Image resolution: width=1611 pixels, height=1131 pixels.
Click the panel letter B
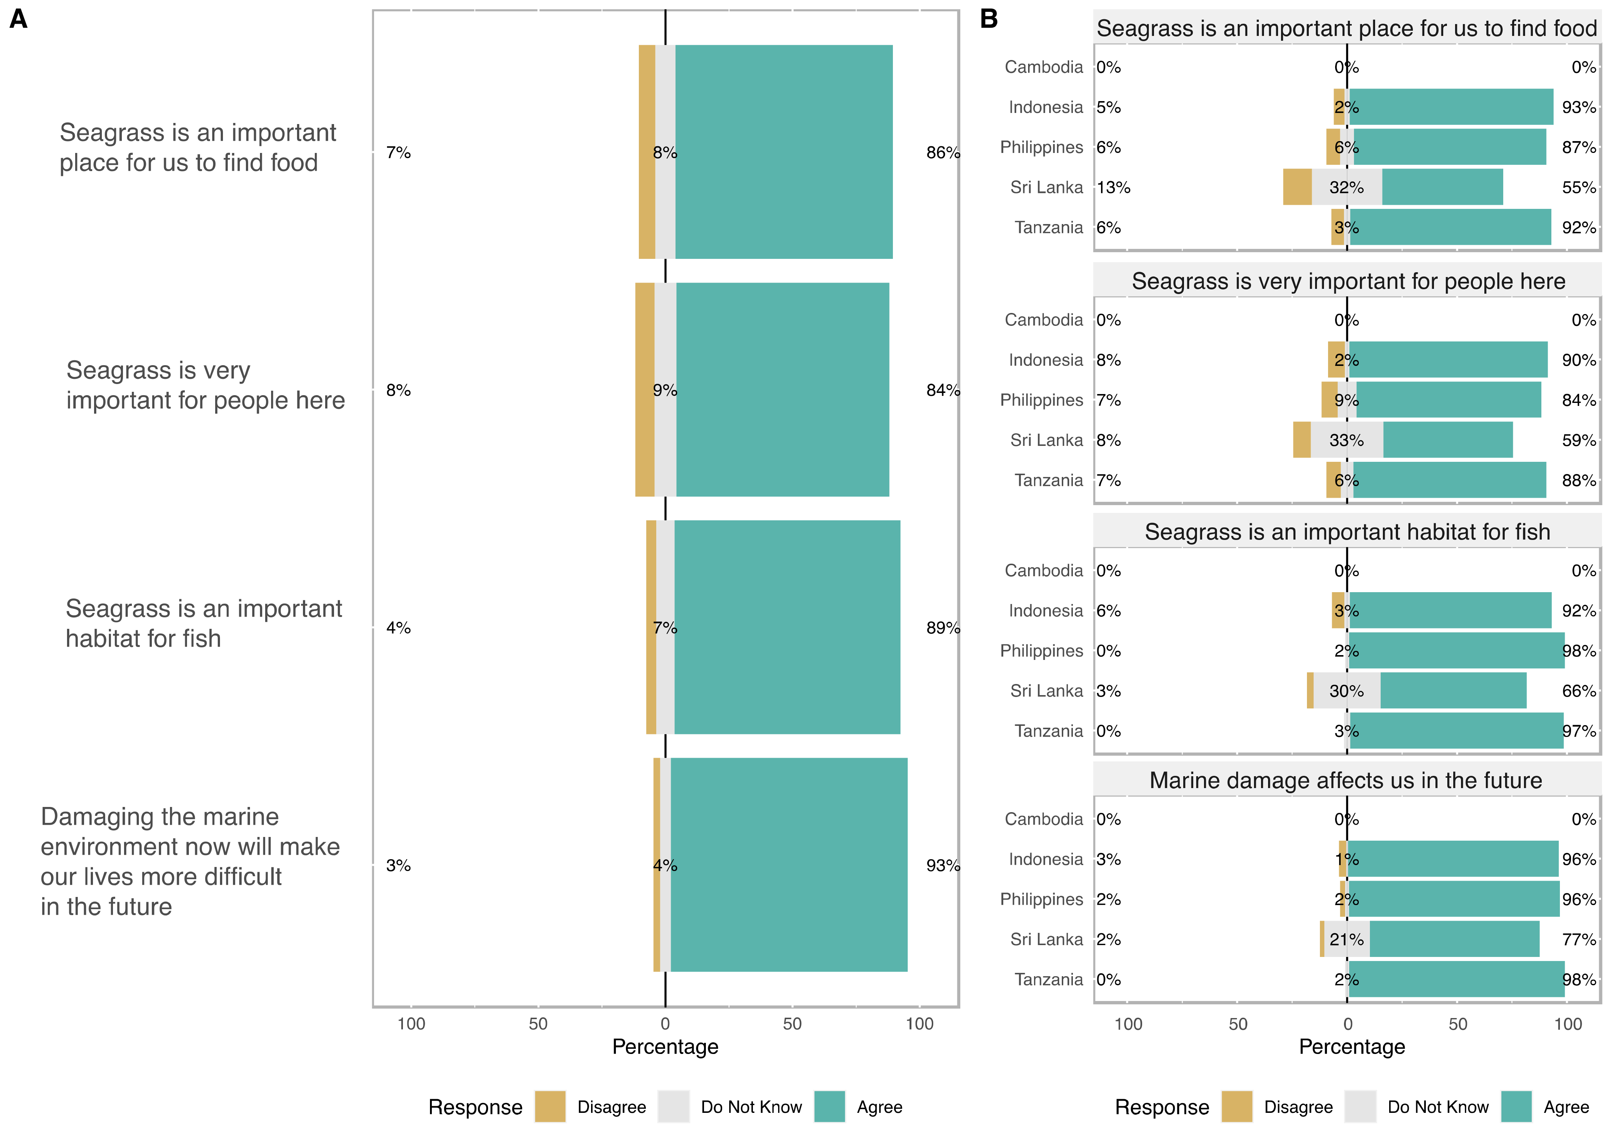point(988,19)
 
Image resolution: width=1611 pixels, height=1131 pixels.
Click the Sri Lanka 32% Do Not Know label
point(1346,187)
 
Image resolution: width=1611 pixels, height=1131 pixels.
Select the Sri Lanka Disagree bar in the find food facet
point(1297,187)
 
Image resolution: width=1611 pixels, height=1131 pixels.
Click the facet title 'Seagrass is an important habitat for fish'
point(1347,532)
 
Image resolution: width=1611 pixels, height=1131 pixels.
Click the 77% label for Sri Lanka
point(1579,940)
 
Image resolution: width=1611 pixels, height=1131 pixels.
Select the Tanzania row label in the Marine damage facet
point(1048,980)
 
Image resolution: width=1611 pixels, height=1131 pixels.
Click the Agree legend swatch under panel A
point(829,1107)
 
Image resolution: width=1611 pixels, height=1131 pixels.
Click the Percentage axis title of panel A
point(664,1047)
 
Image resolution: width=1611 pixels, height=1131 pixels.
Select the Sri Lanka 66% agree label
point(1579,691)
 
